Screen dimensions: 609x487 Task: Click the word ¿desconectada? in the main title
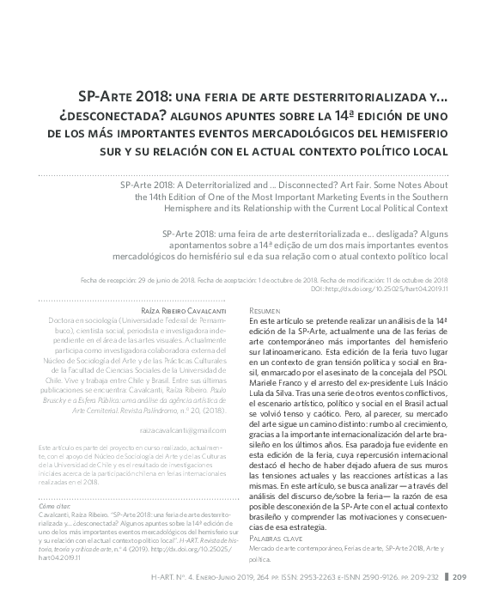click(100, 116)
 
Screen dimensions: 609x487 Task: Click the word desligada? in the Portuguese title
click(371, 233)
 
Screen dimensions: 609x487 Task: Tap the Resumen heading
click(264, 309)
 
